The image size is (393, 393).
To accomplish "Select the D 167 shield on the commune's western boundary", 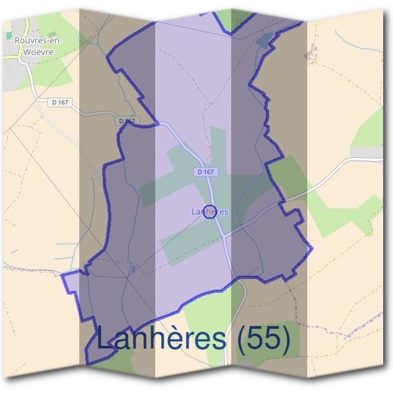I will pos(127,121).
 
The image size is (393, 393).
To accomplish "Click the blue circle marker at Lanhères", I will pos(210,212).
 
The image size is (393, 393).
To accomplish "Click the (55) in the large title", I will pos(263,338).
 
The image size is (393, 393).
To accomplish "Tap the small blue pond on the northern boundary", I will pos(264,41).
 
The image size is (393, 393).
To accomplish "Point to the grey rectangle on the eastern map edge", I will pos(371,152).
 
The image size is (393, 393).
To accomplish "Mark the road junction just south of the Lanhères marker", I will pos(223,234).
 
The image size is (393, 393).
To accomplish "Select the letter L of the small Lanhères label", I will pos(194,212).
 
